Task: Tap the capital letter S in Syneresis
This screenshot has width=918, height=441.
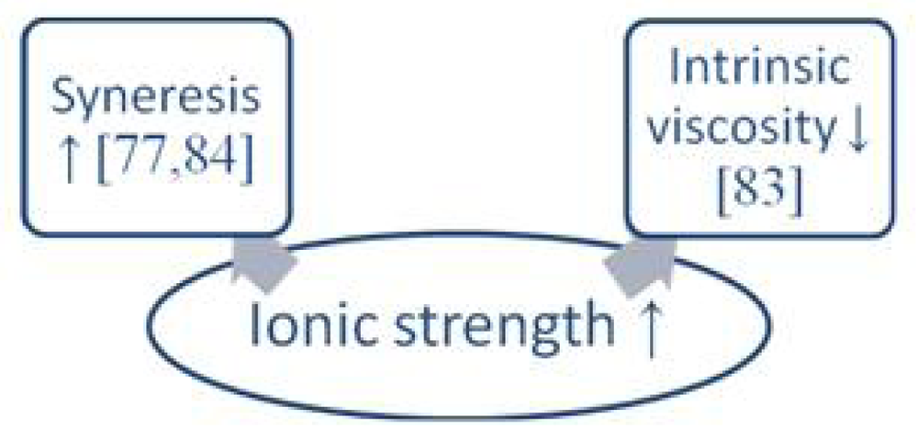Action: [63, 96]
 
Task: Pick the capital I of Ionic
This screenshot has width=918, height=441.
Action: [260, 327]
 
